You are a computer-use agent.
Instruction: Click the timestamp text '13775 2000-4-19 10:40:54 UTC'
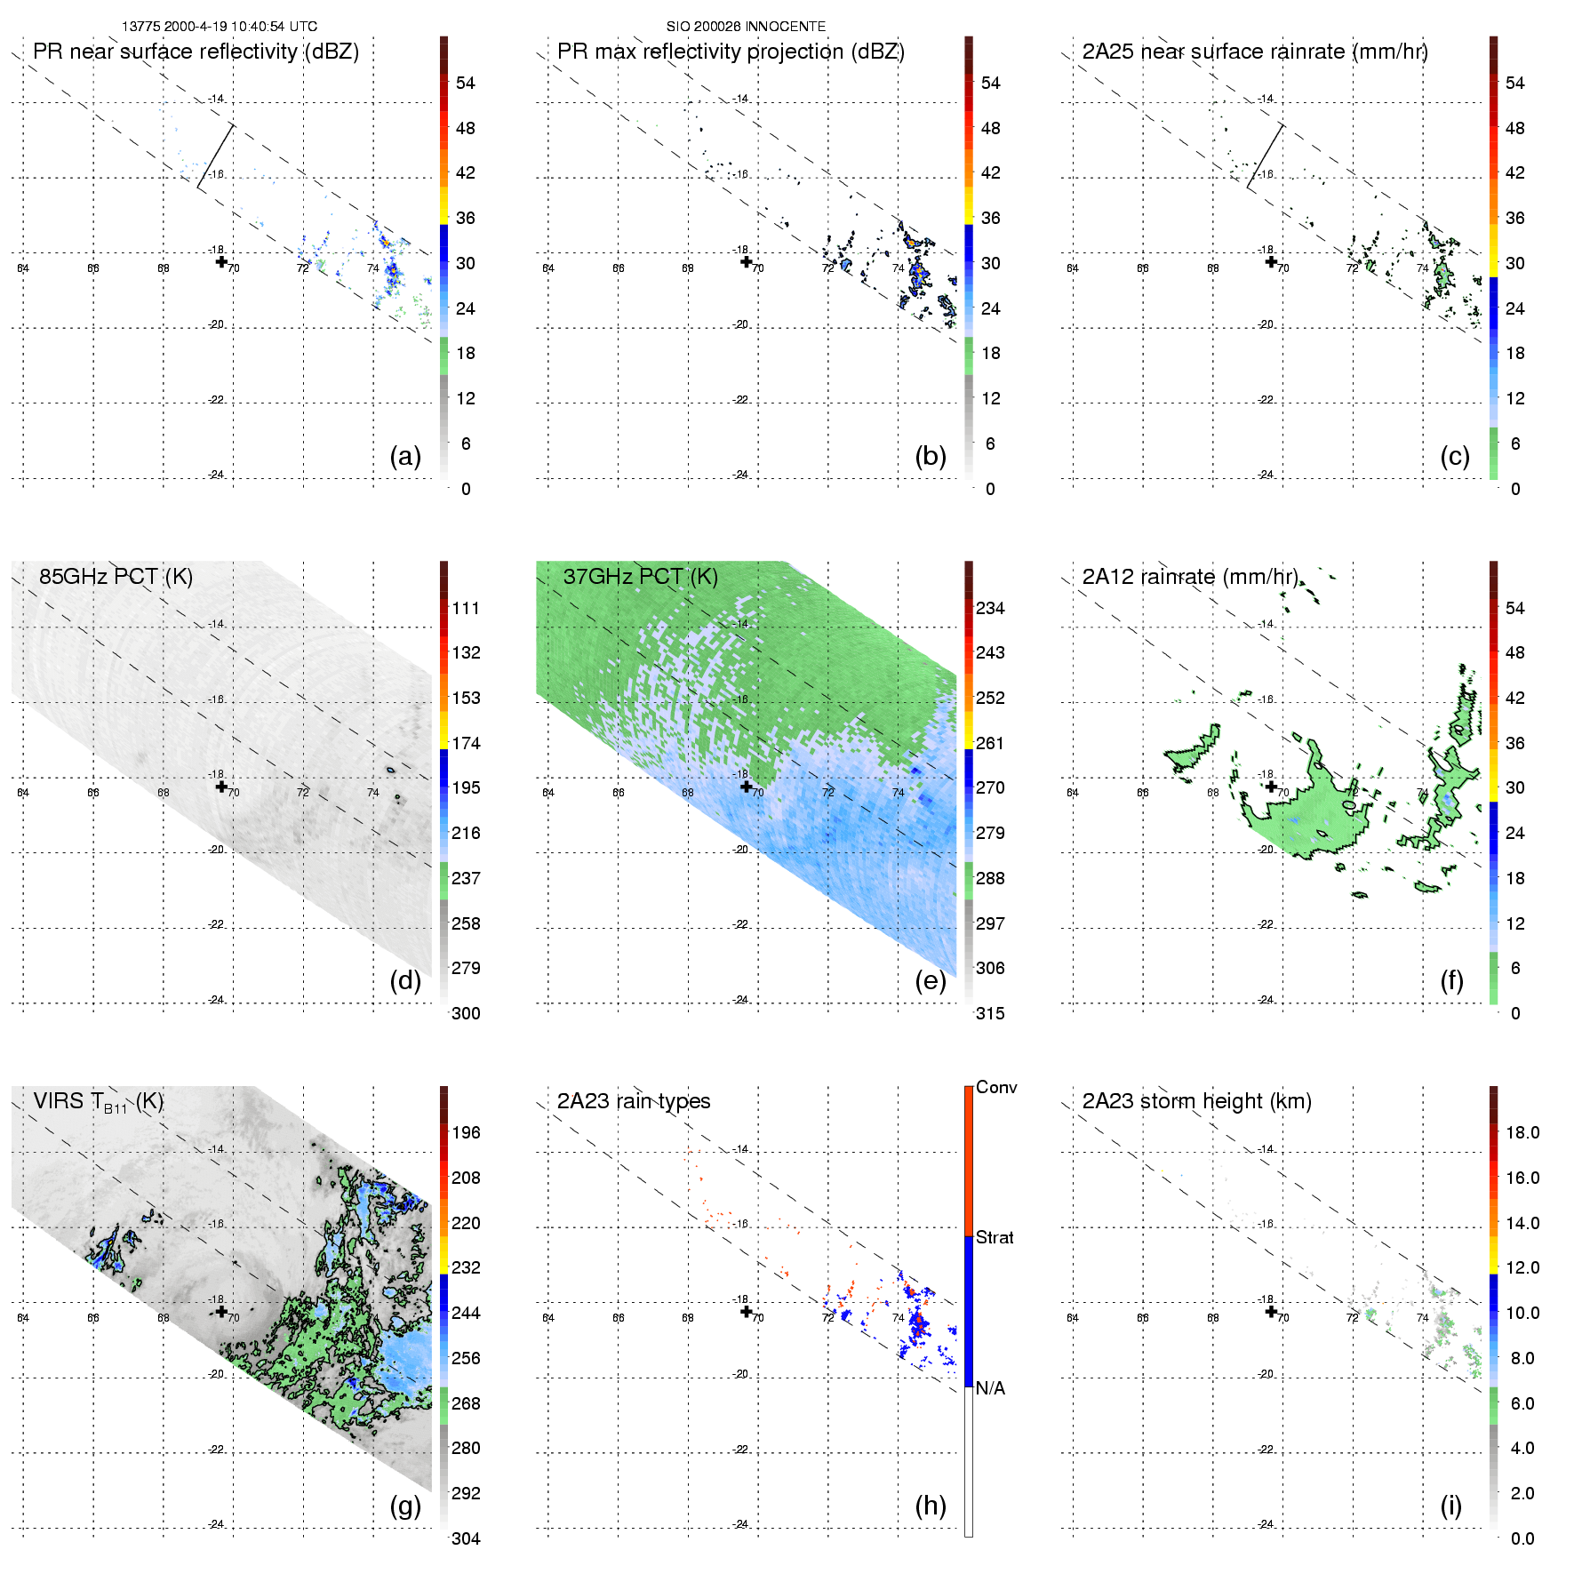pyautogui.click(x=220, y=27)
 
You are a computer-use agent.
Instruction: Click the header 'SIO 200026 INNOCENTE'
pyautogui.click(x=746, y=27)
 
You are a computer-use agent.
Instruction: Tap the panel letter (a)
pyautogui.click(x=405, y=456)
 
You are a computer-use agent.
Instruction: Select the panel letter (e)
pyautogui.click(x=930, y=980)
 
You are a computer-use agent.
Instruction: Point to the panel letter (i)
pyautogui.click(x=1450, y=1506)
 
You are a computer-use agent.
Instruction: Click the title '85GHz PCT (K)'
pyautogui.click(x=116, y=577)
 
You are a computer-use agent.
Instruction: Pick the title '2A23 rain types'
pyautogui.click(x=634, y=1101)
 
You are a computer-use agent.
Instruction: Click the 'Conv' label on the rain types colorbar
pyautogui.click(x=996, y=1087)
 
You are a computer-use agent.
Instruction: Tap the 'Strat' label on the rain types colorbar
pyautogui.click(x=995, y=1237)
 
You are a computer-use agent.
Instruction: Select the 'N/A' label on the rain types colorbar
pyautogui.click(x=990, y=1388)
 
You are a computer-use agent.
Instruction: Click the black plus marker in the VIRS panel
pyautogui.click(x=221, y=1311)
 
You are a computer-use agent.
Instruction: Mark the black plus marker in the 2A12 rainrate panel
pyautogui.click(x=1271, y=787)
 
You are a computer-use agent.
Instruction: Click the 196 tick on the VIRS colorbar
pyautogui.click(x=466, y=1132)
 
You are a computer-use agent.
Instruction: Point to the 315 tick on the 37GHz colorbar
pyautogui.click(x=990, y=1013)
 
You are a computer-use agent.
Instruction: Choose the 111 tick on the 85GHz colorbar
pyautogui.click(x=466, y=608)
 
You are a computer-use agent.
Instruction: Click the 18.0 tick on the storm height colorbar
pyautogui.click(x=1522, y=1132)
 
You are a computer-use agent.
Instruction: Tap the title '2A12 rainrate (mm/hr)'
pyautogui.click(x=1190, y=577)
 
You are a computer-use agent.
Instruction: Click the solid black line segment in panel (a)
pyautogui.click(x=215, y=156)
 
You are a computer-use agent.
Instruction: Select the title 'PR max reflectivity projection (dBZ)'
pyautogui.click(x=731, y=52)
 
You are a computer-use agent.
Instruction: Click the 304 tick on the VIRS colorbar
pyautogui.click(x=466, y=1538)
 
